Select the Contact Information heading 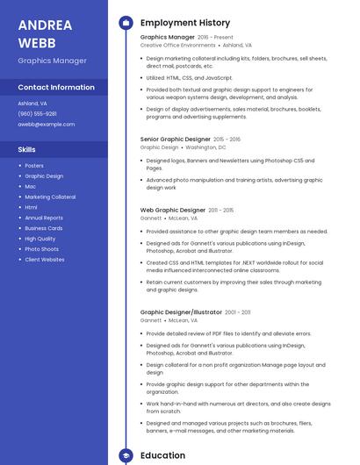[56, 88]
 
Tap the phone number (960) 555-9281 [37, 113]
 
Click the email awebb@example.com [46, 124]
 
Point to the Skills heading [27, 149]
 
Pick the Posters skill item [34, 166]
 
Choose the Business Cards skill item [44, 228]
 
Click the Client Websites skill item [45, 260]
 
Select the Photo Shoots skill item [41, 249]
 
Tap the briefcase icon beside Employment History [125, 23]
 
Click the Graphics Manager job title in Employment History [167, 38]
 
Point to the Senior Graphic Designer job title [176, 139]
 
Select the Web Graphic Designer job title [173, 211]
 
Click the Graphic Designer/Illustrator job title [181, 312]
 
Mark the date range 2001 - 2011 [237, 312]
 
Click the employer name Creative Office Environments [178, 45]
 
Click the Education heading [162, 455]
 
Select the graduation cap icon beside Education [125, 455]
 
